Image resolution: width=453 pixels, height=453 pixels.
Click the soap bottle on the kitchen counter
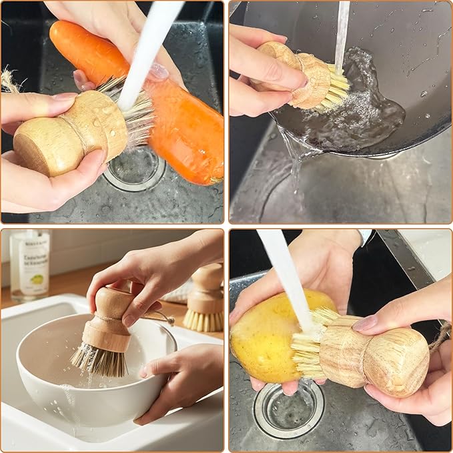tap(29, 264)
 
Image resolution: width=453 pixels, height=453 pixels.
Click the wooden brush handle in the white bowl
tap(108, 320)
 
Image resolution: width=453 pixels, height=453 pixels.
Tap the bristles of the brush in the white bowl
tap(100, 360)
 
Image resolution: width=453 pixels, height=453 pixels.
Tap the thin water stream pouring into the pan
tap(342, 33)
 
